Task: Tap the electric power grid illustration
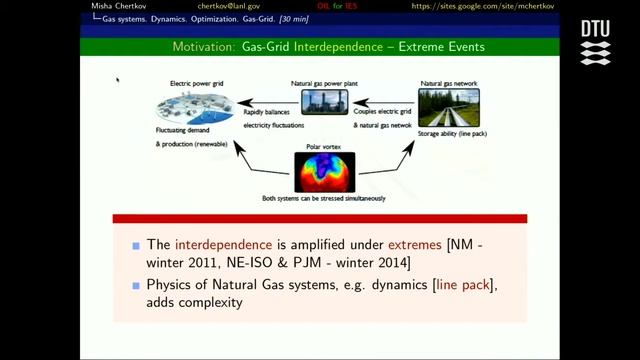194,105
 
